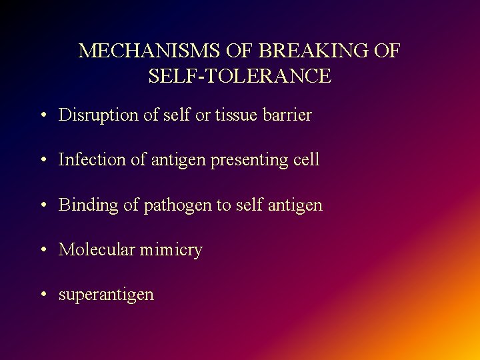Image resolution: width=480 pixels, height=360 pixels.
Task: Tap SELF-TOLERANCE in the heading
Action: [239, 76]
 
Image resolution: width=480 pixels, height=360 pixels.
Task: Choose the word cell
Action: [305, 159]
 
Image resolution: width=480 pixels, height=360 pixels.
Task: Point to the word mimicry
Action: [171, 250]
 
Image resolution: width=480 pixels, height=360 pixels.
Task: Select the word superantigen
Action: [106, 295]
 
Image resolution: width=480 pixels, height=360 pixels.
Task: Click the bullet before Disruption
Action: [42, 116]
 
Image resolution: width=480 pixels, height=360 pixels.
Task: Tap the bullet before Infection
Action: [42, 161]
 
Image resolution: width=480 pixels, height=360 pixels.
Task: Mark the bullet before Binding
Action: [42, 205]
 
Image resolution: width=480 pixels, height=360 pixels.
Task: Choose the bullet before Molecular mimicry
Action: [42, 251]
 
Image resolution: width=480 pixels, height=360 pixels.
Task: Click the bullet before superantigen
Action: [42, 295]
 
